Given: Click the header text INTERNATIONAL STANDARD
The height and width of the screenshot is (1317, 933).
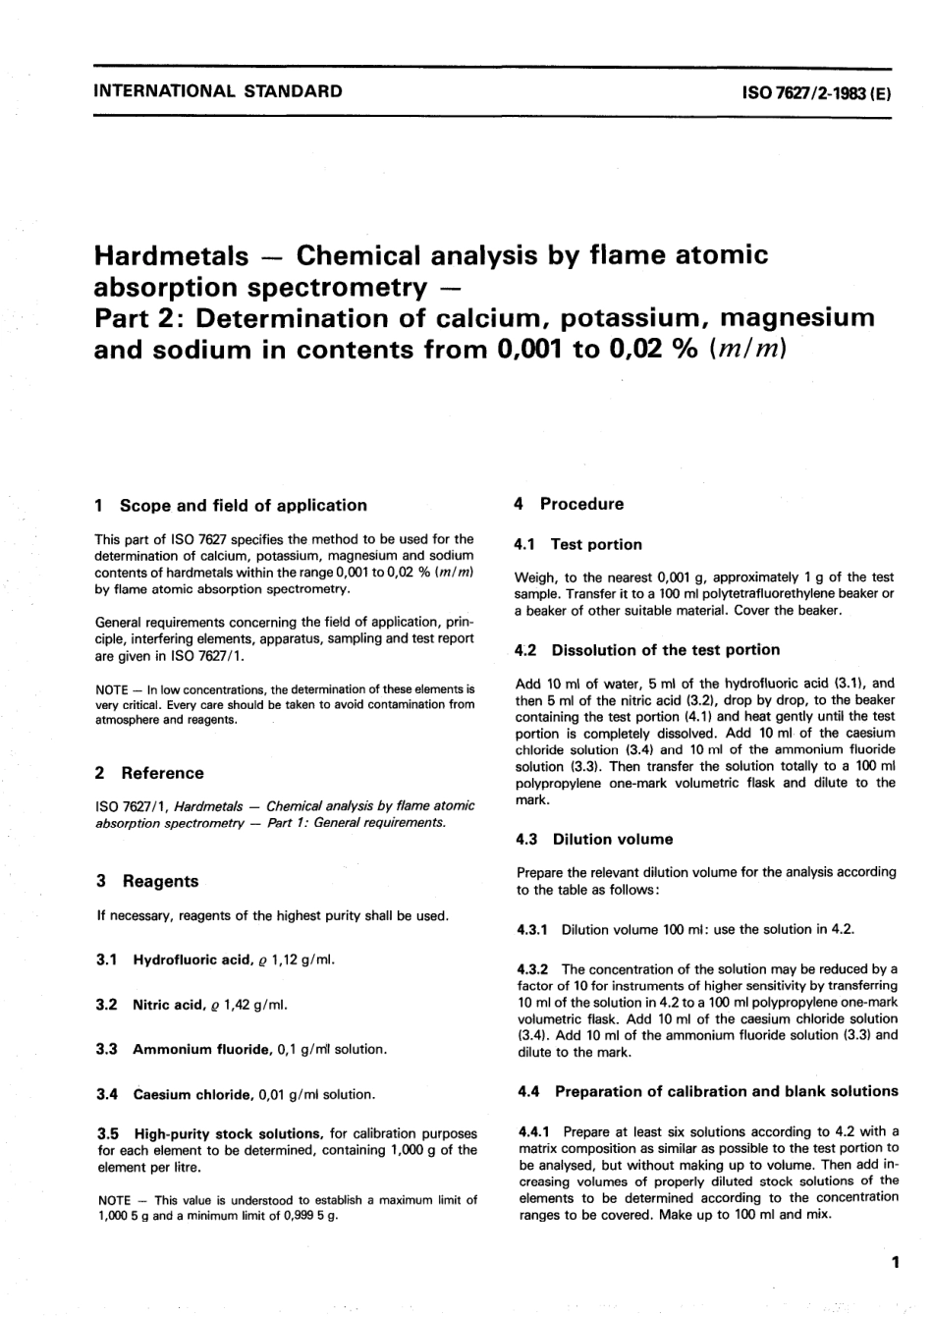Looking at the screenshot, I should tap(217, 91).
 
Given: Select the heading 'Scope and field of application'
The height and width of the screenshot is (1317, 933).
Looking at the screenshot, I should tap(243, 505).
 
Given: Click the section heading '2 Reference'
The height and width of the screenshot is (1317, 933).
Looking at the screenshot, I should tap(149, 773).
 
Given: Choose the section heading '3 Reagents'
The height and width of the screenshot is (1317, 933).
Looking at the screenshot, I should tap(146, 881).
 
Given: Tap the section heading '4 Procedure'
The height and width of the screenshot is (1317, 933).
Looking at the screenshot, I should tap(569, 504).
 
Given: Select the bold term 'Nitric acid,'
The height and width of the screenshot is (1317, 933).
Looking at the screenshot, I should tap(169, 1004).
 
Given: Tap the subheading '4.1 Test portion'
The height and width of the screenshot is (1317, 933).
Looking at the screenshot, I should tap(578, 544).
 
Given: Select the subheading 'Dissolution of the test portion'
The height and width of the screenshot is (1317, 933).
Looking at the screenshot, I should tap(665, 649).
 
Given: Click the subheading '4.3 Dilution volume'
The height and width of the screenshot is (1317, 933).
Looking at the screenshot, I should tap(594, 839).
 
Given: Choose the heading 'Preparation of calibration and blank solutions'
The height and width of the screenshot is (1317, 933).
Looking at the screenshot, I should tap(712, 1091).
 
